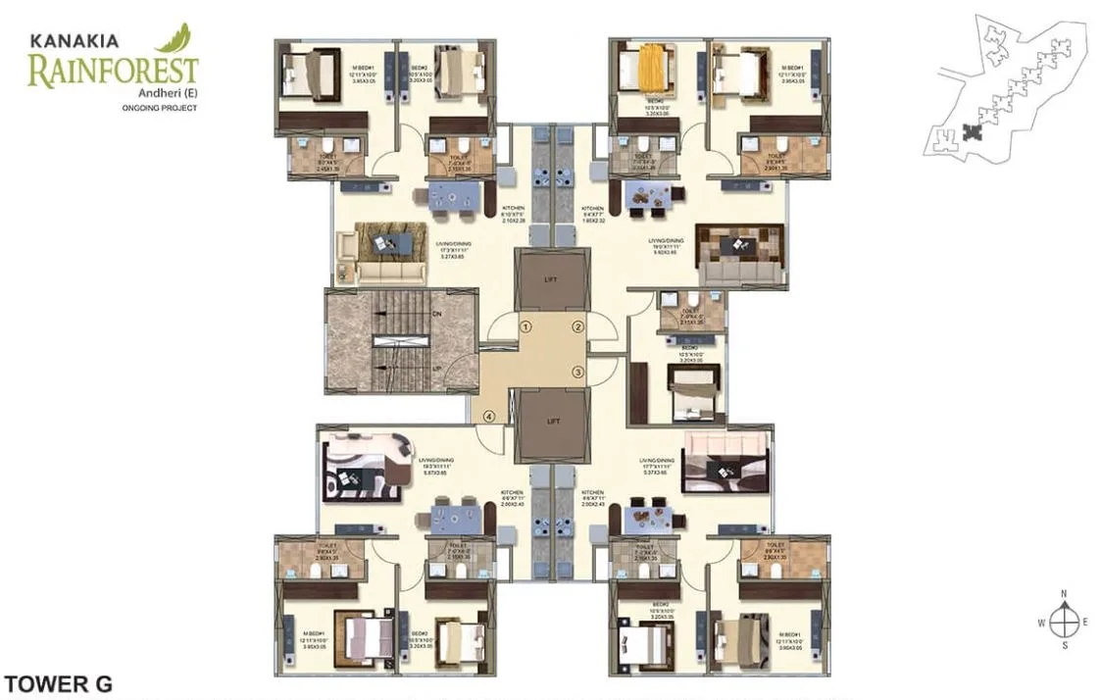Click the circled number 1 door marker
[525, 327]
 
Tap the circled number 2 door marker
[578, 327]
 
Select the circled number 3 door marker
[578, 372]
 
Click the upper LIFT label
[552, 279]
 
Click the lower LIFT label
[553, 421]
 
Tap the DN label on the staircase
[437, 314]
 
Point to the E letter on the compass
[1086, 622]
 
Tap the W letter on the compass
[1041, 622]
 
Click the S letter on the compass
[1064, 646]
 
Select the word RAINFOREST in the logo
[113, 72]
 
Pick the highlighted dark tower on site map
[971, 131]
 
